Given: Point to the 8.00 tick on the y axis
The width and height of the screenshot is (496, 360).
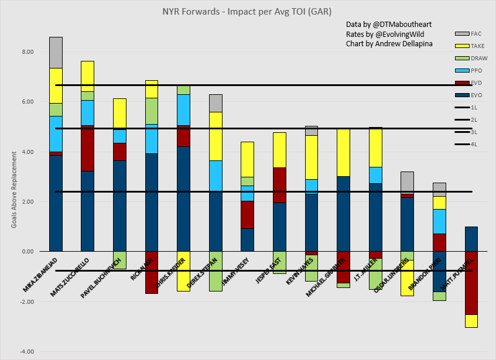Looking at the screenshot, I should point(26,52).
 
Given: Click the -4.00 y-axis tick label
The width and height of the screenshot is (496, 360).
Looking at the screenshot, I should point(25,352).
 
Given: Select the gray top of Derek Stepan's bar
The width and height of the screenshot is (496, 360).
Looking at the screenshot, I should point(216,103).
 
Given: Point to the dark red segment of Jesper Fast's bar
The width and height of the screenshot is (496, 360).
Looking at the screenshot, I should point(279,185).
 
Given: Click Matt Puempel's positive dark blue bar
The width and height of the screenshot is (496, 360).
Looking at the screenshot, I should point(471,239).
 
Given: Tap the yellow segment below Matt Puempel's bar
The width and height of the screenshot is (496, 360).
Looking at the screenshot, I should point(471,321).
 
